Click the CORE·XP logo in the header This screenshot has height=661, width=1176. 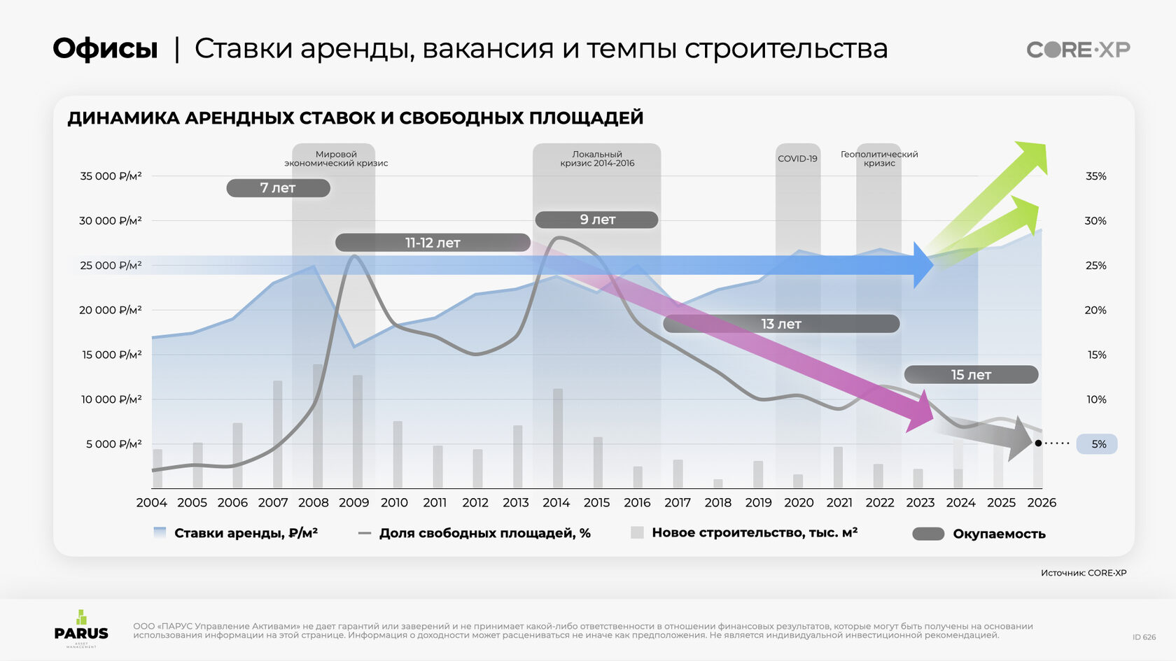tap(1078, 50)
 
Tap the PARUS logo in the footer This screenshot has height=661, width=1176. tap(81, 628)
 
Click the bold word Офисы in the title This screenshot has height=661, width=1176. tap(106, 49)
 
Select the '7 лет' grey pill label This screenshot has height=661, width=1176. tap(278, 188)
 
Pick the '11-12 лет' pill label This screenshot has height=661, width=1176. tap(433, 243)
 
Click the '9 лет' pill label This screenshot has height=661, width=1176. tap(596, 220)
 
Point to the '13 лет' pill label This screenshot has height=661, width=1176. tap(780, 324)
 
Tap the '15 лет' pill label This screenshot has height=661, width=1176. tap(971, 375)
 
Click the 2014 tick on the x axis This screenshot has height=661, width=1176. tap(556, 503)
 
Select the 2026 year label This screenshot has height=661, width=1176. tap(1042, 503)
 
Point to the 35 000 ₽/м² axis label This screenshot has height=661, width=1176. tap(111, 176)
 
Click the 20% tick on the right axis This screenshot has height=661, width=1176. tap(1095, 311)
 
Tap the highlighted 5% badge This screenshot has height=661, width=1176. tap(1098, 444)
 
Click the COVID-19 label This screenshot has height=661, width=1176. tap(797, 159)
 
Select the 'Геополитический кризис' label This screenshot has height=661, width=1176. tap(879, 159)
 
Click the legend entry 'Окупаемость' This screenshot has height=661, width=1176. tap(998, 534)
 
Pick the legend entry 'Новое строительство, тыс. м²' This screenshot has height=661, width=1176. tap(754, 533)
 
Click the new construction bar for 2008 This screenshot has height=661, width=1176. tap(318, 427)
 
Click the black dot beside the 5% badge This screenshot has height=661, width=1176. tap(1038, 443)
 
